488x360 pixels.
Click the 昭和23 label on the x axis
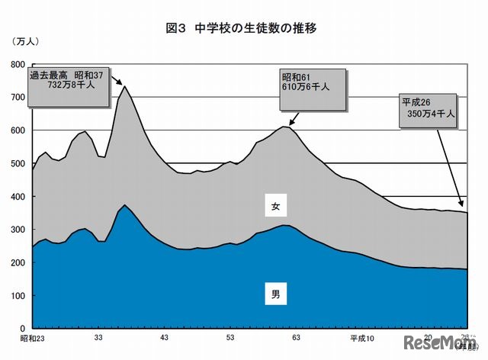(x=32, y=338)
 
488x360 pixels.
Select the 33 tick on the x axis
(x=98, y=338)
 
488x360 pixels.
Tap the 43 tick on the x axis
(x=164, y=338)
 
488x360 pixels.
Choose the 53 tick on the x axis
(x=230, y=338)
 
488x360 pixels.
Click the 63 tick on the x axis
(x=296, y=338)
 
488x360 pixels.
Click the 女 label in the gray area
(x=275, y=206)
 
